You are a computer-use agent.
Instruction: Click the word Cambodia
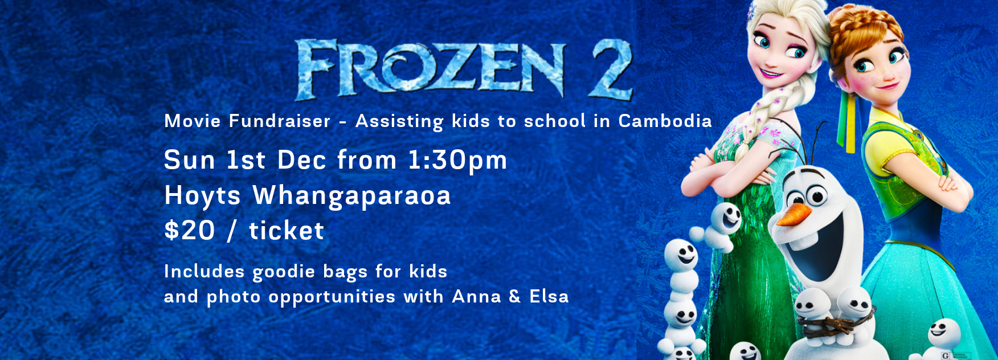[665, 121]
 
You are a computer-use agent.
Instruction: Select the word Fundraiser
[280, 121]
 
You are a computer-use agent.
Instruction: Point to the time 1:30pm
[457, 160]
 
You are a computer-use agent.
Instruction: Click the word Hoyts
[203, 197]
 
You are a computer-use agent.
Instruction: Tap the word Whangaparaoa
[352, 197]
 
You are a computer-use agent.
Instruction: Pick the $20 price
[190, 231]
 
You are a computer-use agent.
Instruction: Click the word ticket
[287, 231]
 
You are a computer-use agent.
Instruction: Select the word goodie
[284, 272]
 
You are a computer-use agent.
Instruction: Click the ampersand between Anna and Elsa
[515, 296]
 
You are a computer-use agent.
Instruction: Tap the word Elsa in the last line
[549, 296]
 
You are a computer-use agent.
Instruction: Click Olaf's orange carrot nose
[794, 215]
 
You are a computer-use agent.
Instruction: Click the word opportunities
[332, 297]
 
